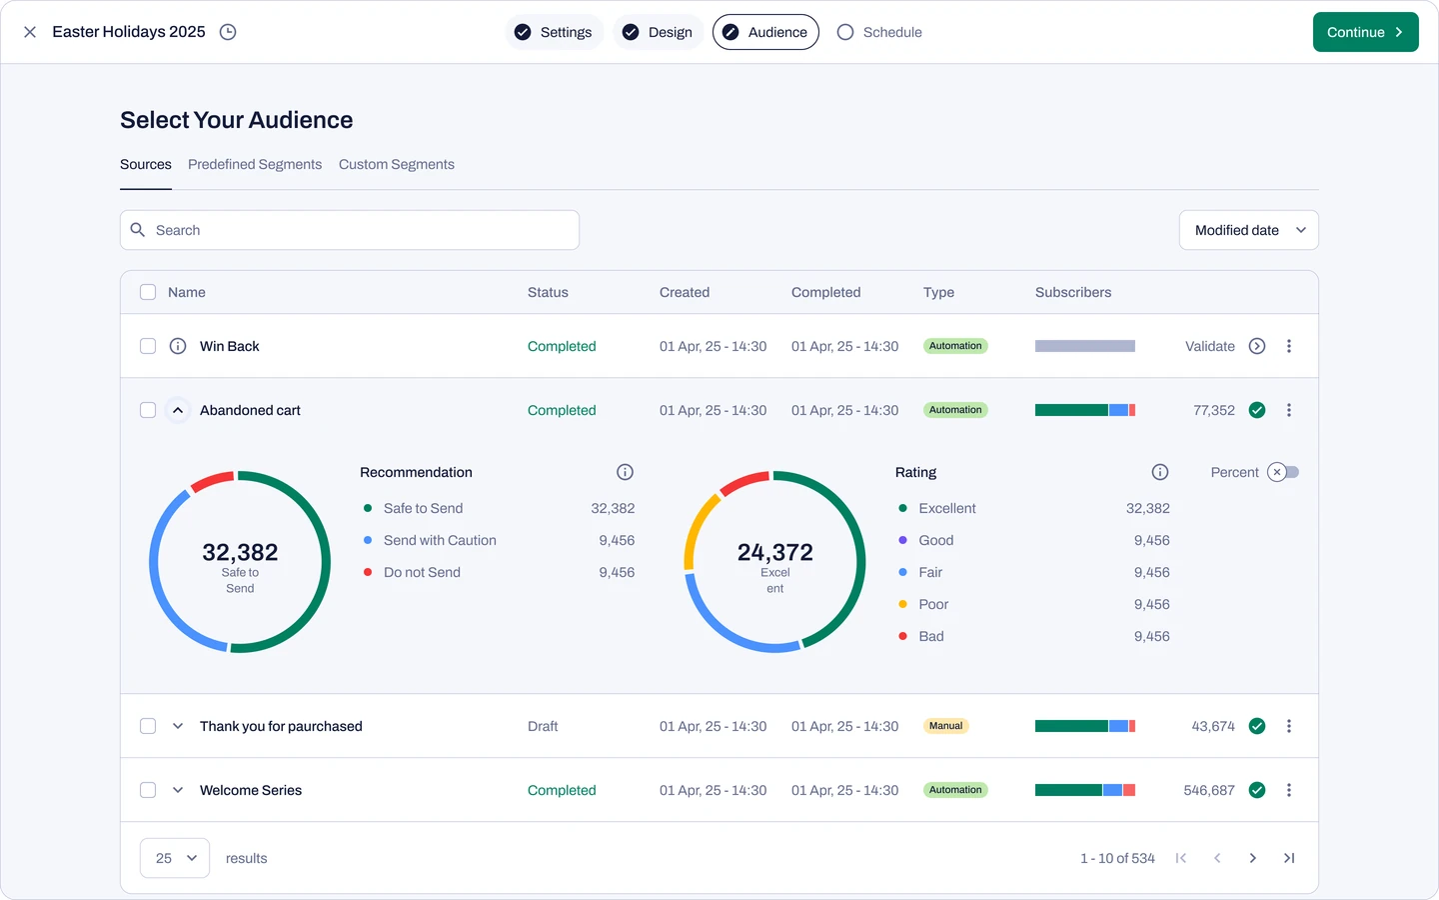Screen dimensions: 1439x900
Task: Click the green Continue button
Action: [1365, 32]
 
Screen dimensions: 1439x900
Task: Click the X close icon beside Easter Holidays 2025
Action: [30, 32]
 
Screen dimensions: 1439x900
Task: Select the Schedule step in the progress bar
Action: [879, 32]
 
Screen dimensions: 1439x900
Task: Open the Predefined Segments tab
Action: [255, 165]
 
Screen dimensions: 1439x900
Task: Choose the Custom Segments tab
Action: [397, 165]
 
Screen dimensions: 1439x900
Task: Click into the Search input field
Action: [350, 230]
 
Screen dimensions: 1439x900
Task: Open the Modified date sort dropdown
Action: [1249, 230]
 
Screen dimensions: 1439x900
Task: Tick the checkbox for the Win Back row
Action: [148, 346]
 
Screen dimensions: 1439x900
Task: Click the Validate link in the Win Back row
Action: [1209, 346]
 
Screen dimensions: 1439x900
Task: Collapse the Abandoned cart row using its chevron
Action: [178, 410]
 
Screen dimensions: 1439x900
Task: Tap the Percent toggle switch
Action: [1283, 472]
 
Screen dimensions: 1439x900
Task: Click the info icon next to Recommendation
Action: [626, 472]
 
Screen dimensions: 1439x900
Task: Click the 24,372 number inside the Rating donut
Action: [774, 552]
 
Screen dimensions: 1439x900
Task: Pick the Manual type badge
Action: [945, 726]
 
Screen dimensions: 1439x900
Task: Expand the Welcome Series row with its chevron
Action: [178, 790]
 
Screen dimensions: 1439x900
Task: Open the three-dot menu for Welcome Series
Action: [1289, 790]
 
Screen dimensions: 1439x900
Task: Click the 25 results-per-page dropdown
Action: [175, 858]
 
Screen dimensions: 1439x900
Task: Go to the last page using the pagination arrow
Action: [1289, 858]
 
